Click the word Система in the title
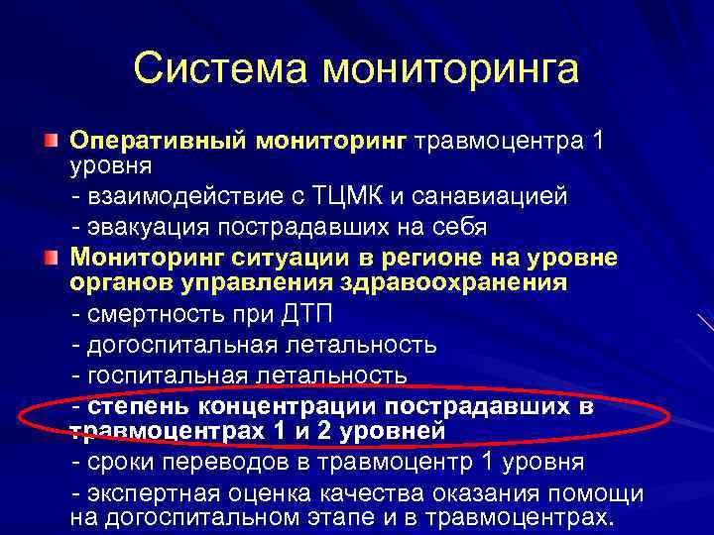pyautogui.click(x=220, y=69)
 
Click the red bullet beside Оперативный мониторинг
pyautogui.click(x=50, y=142)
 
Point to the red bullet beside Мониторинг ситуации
pyautogui.click(x=50, y=260)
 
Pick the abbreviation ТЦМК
pyautogui.click(x=347, y=195)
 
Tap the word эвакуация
pyautogui.click(x=143, y=226)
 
